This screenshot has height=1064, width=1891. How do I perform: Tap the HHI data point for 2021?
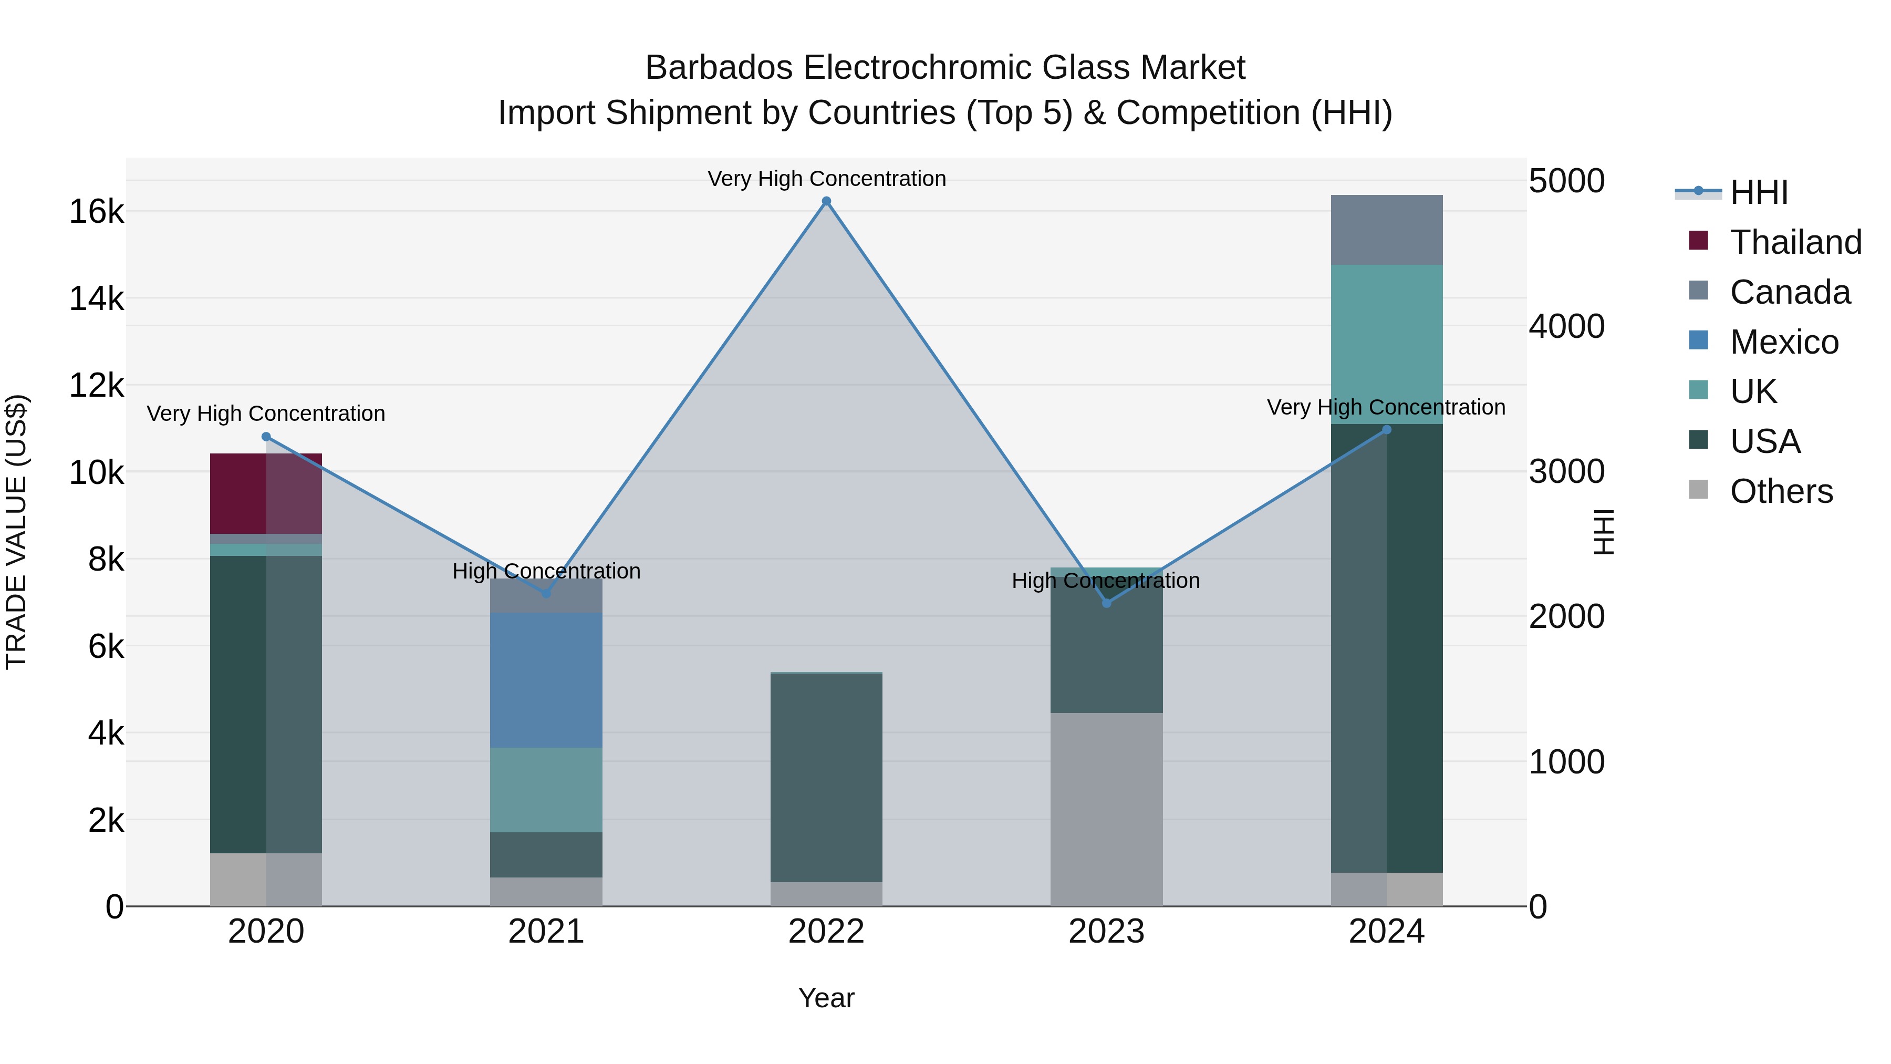546,593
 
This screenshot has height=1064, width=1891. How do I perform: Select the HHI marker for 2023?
1107,603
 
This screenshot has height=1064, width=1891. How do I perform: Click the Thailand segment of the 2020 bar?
266,493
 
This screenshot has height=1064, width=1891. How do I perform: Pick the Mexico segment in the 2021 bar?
546,680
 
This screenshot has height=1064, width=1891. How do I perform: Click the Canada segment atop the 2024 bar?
1387,230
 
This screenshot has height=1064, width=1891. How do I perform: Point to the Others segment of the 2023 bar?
1107,809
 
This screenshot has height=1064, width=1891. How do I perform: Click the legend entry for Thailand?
1795,242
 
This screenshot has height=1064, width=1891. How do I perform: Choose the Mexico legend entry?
1784,342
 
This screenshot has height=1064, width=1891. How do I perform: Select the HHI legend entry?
1759,192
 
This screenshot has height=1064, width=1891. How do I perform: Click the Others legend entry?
1781,491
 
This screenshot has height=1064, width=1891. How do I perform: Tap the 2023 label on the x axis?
1106,932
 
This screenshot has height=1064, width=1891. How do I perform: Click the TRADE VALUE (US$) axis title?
16,532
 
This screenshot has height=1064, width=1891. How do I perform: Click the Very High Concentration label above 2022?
827,179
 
